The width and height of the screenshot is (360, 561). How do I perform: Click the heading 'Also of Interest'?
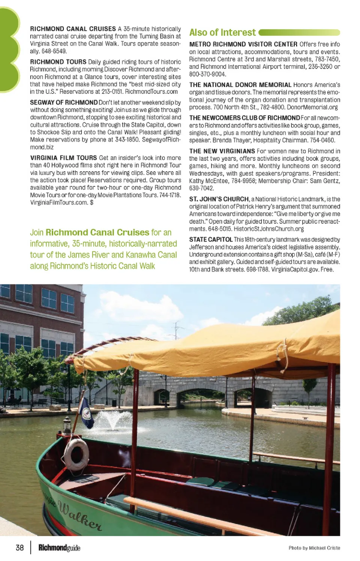click(x=222, y=33)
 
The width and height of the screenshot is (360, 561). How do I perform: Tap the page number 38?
click(x=20, y=548)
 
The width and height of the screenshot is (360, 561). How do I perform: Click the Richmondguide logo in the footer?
click(x=59, y=548)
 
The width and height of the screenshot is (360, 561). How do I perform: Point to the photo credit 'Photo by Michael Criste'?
click(x=314, y=548)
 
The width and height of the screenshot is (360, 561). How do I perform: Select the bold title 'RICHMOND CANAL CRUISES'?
click(x=73, y=29)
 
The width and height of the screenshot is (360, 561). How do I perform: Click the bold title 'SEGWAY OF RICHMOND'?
click(x=64, y=102)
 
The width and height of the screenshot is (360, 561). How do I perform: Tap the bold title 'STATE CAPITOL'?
click(x=211, y=239)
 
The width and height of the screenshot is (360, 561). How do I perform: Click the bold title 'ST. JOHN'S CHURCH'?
click(x=219, y=199)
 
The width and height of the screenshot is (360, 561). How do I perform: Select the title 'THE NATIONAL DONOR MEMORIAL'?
click(x=240, y=85)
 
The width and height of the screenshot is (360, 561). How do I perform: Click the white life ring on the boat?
click(x=76, y=454)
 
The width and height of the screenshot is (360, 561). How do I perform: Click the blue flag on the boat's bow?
click(x=86, y=412)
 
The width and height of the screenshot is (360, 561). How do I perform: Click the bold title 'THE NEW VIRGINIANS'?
click(x=222, y=151)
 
